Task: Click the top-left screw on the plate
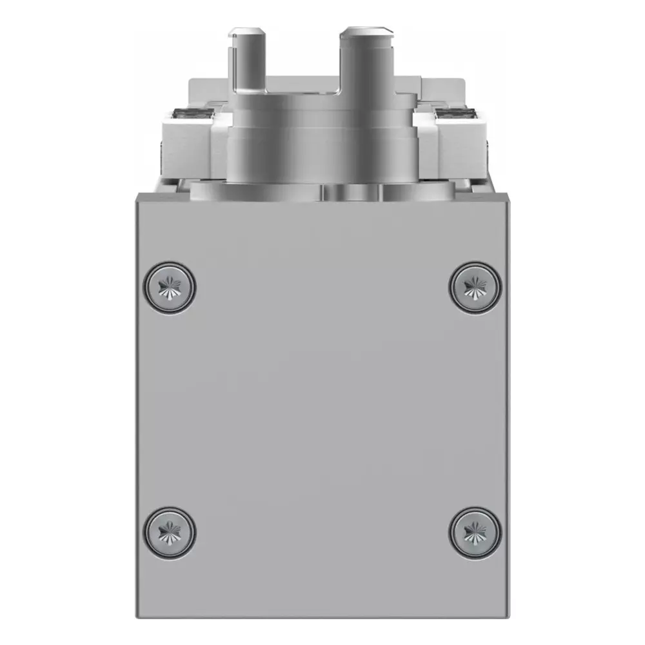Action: [x=169, y=287]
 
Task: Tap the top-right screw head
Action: [x=476, y=287]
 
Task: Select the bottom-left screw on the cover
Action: [x=169, y=533]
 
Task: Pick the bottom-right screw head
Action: [x=476, y=533]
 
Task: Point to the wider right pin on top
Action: [x=367, y=61]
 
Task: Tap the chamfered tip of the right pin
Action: [x=367, y=30]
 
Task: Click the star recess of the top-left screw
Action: [x=169, y=287]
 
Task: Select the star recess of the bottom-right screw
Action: [x=476, y=533]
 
